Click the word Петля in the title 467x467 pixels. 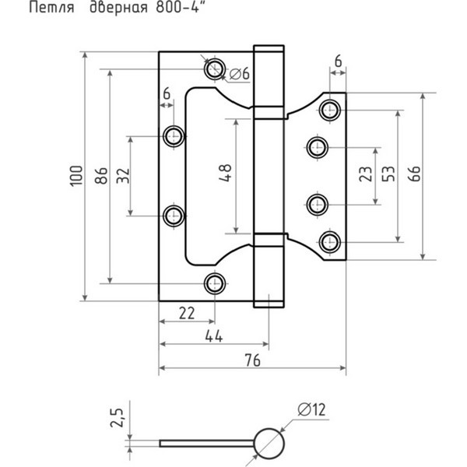51,8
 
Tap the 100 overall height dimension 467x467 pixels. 76,177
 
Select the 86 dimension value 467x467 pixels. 101,176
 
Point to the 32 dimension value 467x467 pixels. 123,176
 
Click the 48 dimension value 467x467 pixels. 225,173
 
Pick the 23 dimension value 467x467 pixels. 366,174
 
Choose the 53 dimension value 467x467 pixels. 388,174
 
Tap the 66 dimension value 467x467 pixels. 414,174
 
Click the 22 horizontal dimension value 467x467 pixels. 187,313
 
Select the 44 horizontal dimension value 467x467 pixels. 214,336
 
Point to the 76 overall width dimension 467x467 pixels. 252,360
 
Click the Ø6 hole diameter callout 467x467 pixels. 240,74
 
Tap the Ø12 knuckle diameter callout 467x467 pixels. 312,409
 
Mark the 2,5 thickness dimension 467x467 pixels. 117,417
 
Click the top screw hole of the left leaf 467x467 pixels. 215,68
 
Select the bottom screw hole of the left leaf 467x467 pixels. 215,283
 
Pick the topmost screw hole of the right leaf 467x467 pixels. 330,110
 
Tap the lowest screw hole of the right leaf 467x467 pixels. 330,242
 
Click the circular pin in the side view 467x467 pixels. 269,444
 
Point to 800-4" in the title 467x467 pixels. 181,8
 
